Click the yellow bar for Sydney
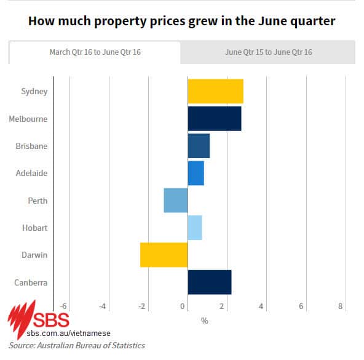[215, 91]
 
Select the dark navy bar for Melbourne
[214, 118]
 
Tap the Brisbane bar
[199, 146]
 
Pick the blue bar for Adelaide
[196, 173]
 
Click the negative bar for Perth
[176, 201]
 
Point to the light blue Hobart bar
[194, 228]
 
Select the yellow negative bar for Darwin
[164, 255]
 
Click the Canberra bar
[209, 282]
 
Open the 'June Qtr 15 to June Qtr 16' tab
[268, 52]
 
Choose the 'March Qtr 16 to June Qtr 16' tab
[95, 52]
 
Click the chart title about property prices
[182, 21]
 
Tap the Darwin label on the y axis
[34, 255]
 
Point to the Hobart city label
[34, 228]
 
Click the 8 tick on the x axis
[340, 306]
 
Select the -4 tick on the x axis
[103, 306]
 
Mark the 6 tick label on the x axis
[301, 306]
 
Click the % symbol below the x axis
[204, 321]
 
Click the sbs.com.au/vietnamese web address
[63, 333]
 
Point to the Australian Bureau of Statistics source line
[77, 345]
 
